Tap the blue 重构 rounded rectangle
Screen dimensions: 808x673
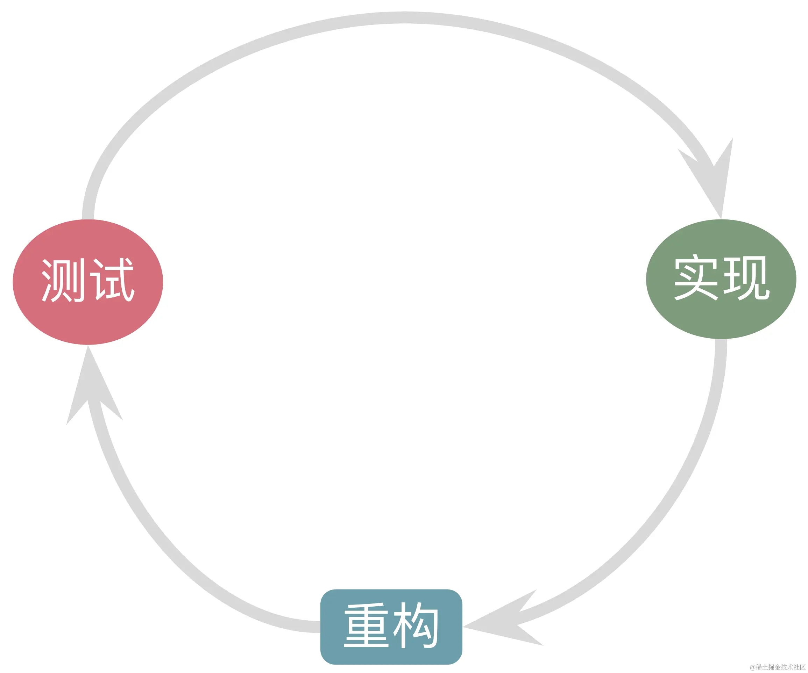391,627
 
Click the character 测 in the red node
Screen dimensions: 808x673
63,280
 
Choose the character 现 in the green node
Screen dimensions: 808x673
746,277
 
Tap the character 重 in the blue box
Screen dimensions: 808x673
366,625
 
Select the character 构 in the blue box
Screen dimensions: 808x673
416,625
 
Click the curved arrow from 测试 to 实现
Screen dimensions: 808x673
404,18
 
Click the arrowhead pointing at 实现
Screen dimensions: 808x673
716,181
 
